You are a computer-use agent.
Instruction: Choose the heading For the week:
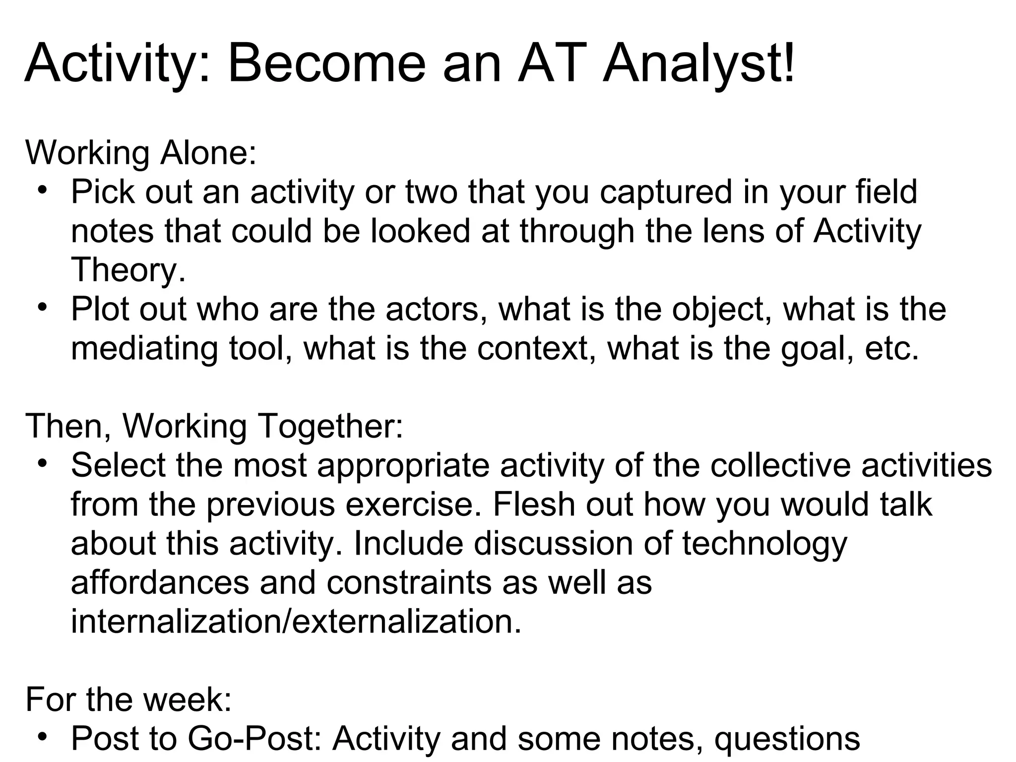(x=128, y=699)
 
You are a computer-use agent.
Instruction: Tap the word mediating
(x=144, y=348)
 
